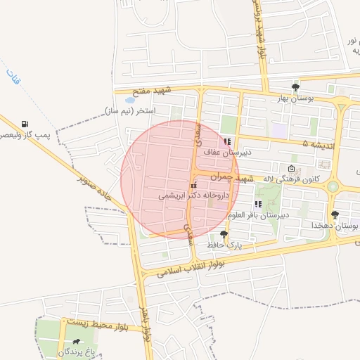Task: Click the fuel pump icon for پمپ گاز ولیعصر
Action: (26, 124)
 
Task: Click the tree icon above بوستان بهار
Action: (295, 87)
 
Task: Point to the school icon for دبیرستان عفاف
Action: (227, 141)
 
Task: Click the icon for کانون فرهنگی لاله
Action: (292, 169)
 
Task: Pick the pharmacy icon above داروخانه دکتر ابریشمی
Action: (194, 186)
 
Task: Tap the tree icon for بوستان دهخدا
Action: (334, 214)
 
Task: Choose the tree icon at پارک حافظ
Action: (224, 234)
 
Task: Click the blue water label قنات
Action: (13, 76)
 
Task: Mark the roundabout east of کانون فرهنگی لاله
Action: (333, 186)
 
